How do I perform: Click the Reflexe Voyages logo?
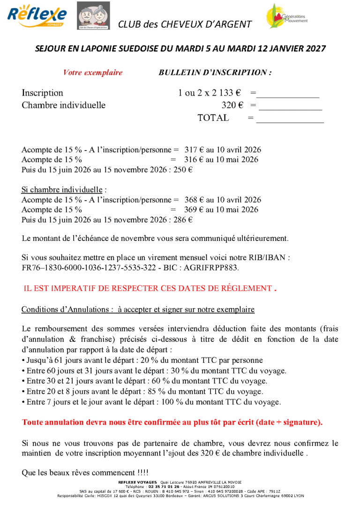click(37, 16)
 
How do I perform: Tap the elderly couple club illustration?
click(93, 16)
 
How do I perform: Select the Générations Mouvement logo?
click(286, 16)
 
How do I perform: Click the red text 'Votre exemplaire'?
click(93, 73)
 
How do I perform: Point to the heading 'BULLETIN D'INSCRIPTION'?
click(215, 73)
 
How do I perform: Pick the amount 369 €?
click(191, 210)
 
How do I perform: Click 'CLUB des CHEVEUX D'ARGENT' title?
click(185, 24)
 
